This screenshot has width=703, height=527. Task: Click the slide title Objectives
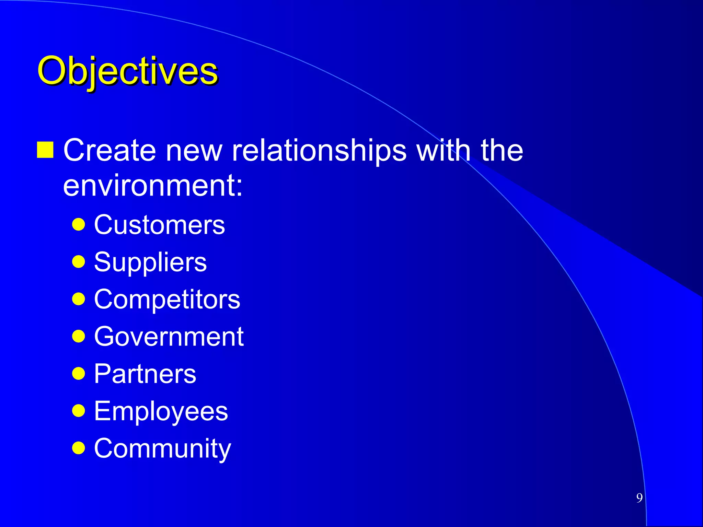point(127,71)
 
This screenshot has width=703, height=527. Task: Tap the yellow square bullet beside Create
point(45,150)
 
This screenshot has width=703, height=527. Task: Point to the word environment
point(152,186)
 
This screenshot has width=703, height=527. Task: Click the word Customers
point(159,225)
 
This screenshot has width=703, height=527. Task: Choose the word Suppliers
point(150,262)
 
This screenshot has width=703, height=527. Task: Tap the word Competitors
point(167,300)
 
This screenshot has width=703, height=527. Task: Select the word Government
point(169,337)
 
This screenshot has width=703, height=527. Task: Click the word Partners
point(145,374)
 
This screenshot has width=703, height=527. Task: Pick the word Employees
point(161,411)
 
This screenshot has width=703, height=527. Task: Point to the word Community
point(162,448)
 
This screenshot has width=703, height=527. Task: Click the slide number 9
point(639,498)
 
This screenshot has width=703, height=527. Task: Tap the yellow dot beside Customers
point(79,225)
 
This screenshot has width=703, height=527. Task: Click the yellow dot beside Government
point(79,337)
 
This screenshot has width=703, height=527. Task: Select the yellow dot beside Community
point(79,448)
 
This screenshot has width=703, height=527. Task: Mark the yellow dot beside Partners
point(79,374)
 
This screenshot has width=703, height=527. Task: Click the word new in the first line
point(194,151)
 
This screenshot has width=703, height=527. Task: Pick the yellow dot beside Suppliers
point(79,262)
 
